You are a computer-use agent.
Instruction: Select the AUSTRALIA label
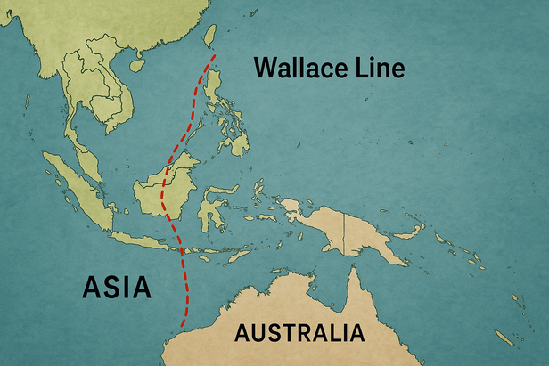point(299,336)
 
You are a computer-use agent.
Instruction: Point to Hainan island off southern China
point(137,63)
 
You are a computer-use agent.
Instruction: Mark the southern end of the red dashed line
point(183,329)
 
